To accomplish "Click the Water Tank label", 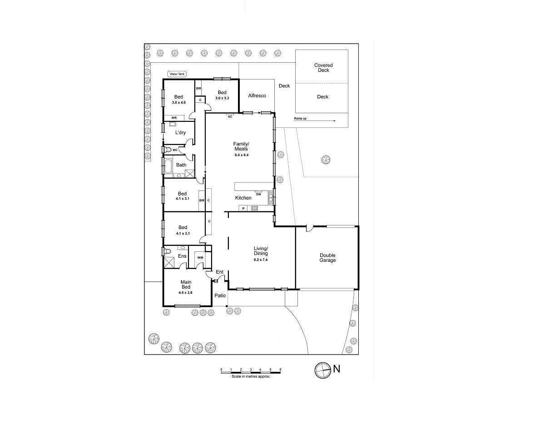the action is click(x=177, y=74).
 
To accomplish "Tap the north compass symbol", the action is click(x=322, y=370).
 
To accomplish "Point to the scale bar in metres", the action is click(x=251, y=372).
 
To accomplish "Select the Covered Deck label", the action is click(x=323, y=68).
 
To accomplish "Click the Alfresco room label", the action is click(x=257, y=95).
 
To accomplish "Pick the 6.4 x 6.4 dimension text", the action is click(x=242, y=155).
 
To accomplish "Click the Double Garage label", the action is click(x=327, y=258).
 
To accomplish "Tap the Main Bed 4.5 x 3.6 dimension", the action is click(x=185, y=293).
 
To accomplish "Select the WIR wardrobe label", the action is click(x=200, y=258).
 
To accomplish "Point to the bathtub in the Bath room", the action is click(x=168, y=166).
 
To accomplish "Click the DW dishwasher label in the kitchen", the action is click(x=258, y=194).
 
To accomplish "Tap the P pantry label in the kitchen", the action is click(x=243, y=208).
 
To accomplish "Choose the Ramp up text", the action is click(x=300, y=118).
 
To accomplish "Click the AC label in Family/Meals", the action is click(x=230, y=117).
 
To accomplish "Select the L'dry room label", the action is click(x=180, y=133).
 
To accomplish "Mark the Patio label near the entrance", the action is click(x=220, y=295).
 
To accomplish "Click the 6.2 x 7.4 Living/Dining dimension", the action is click(x=261, y=260).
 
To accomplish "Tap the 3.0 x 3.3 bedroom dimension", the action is click(x=222, y=98).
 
